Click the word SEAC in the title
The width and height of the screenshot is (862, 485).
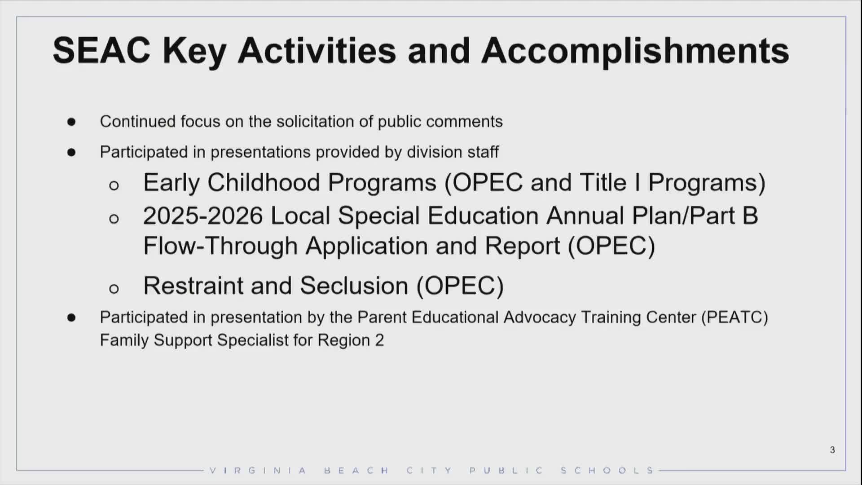(x=101, y=50)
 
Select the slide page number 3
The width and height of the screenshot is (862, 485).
(x=832, y=450)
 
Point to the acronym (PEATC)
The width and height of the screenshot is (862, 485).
(x=734, y=317)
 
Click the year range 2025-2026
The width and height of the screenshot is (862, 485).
(x=203, y=216)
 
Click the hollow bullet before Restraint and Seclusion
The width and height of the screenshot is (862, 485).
(x=114, y=288)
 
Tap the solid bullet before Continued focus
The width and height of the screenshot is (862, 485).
(x=71, y=122)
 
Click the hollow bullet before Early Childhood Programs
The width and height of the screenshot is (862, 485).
(x=114, y=185)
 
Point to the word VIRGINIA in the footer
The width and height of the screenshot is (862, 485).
(x=258, y=471)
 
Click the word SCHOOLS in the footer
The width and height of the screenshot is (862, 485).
(x=607, y=471)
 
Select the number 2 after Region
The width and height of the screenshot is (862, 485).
(x=380, y=340)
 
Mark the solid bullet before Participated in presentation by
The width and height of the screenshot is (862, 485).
(x=71, y=317)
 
